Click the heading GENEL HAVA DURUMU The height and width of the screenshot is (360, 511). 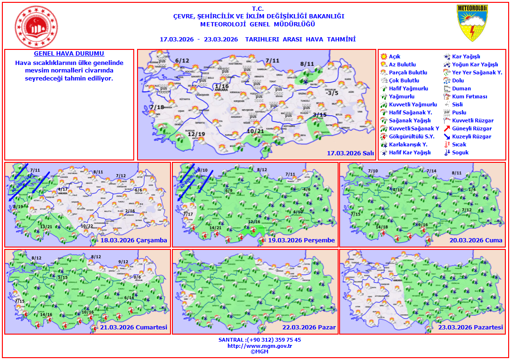pyautogui.click(x=69, y=54)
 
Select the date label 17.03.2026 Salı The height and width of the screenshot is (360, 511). pyautogui.click(x=350, y=153)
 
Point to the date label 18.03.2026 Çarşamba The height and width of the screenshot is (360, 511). pyautogui.click(x=134, y=240)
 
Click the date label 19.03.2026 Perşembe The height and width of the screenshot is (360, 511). pyautogui.click(x=301, y=240)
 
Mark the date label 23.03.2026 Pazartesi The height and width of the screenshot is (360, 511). pyautogui.click(x=470, y=328)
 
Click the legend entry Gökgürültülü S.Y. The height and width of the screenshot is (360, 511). pyautogui.click(x=408, y=136)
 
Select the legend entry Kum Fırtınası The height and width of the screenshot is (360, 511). pyautogui.click(x=470, y=96)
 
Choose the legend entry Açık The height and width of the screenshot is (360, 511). pyautogui.click(x=395, y=56)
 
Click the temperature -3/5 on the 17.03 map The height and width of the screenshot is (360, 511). pyautogui.click(x=332, y=93)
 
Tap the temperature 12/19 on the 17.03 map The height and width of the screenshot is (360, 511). pyautogui.click(x=196, y=134)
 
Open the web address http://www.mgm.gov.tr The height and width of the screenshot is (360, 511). pyautogui.click(x=260, y=346)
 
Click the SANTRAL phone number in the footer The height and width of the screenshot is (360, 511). pyautogui.click(x=260, y=340)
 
